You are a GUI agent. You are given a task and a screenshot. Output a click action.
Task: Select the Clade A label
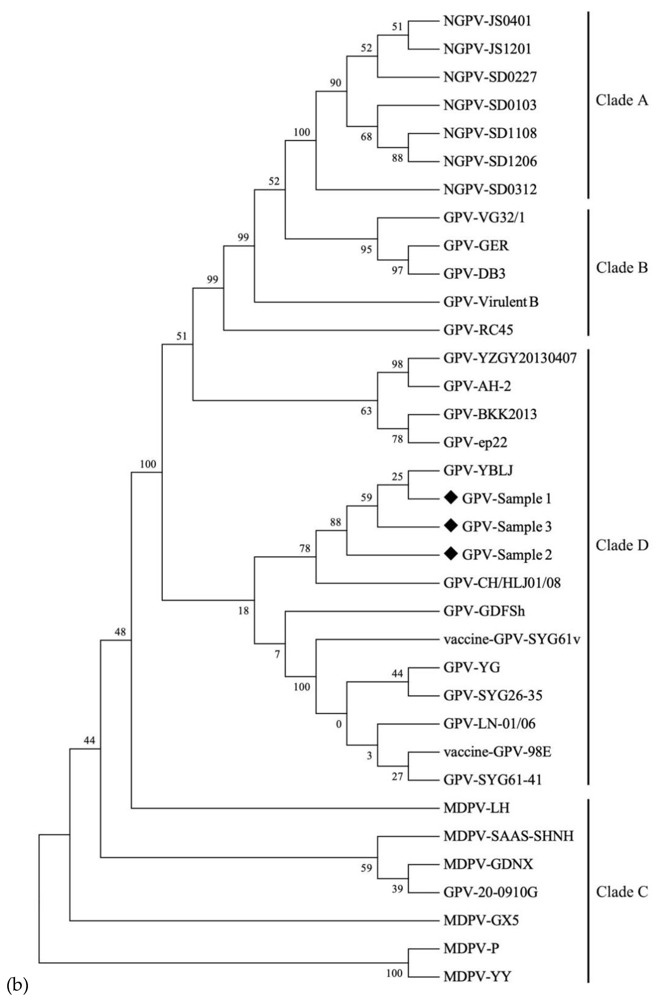621,100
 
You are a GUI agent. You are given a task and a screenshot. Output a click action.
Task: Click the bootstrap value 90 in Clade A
335,83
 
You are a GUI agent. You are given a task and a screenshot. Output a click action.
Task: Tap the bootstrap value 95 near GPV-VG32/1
366,250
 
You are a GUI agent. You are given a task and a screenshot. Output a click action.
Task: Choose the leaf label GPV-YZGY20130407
510,358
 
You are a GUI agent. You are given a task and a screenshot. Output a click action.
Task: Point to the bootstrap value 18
243,610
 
